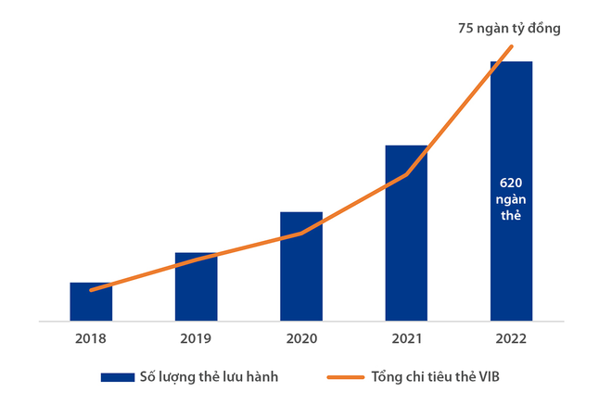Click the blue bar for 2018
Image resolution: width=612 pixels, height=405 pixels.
coord(91,302)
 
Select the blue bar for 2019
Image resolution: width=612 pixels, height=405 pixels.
coord(196,287)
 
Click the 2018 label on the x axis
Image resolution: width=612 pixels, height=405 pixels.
coord(91,339)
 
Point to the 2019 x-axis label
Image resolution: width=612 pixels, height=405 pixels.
coord(196,339)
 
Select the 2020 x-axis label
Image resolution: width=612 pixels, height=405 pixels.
coord(301,339)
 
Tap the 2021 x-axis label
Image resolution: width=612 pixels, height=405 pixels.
coord(406,339)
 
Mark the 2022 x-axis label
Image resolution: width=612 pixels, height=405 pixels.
coord(511,339)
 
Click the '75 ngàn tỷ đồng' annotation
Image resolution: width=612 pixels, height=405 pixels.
coord(510,28)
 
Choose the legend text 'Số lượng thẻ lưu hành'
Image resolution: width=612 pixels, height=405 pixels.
coord(208,377)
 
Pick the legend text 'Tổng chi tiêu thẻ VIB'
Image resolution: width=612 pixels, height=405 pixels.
coord(449,377)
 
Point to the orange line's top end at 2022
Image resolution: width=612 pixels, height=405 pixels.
coord(511,46)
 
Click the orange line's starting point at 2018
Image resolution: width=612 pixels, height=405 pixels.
coord(91,290)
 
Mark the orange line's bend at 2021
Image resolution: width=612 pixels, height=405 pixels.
coord(406,174)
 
